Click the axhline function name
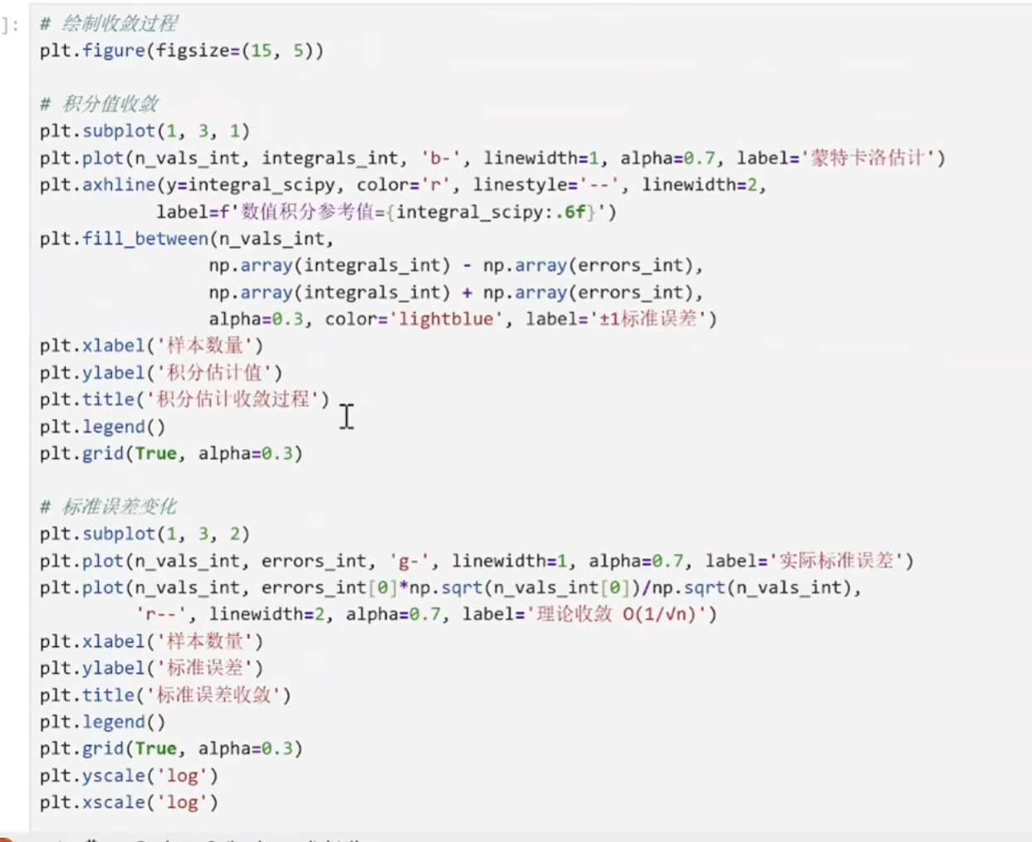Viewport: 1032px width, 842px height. coord(119,185)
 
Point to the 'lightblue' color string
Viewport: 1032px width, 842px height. coord(446,319)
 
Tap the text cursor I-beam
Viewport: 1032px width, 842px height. coord(346,416)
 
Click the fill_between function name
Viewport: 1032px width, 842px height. coord(145,239)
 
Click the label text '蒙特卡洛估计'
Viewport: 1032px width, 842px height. coord(868,158)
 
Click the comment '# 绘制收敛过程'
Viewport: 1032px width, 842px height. coord(109,23)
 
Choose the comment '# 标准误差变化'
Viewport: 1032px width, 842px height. coord(109,507)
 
